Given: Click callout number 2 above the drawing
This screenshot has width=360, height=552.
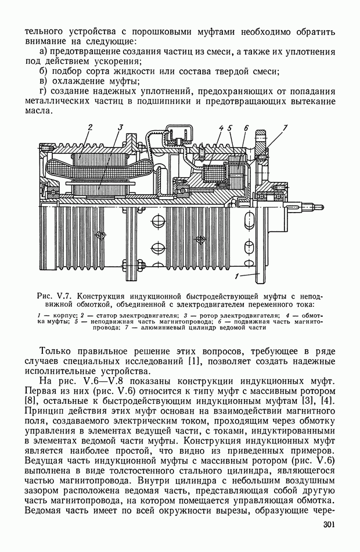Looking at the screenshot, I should point(90,127).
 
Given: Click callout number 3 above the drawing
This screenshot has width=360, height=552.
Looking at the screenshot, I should point(120,127).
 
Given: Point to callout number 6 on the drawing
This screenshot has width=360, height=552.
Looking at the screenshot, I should point(246,127).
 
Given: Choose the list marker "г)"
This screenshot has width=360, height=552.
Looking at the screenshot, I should point(43,92).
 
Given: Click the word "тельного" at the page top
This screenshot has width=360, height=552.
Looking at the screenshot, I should point(46,32).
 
